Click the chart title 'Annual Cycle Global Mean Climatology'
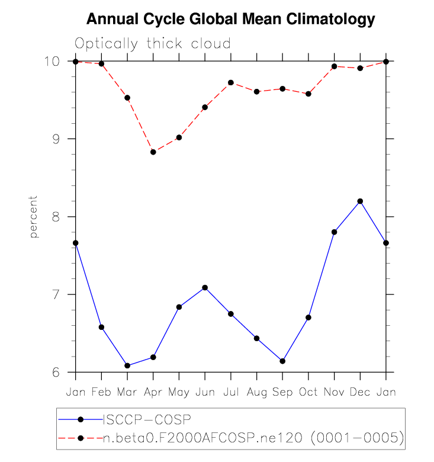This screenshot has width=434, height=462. tap(231, 20)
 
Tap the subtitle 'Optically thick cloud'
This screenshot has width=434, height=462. tap(152, 44)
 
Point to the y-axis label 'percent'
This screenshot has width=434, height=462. tap(34, 216)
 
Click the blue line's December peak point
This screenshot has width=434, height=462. tap(360, 201)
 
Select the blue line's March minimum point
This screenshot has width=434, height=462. tap(127, 365)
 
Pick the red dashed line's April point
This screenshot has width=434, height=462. tap(153, 152)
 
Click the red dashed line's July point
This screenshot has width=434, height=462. tap(231, 82)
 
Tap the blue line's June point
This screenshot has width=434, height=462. tap(205, 288)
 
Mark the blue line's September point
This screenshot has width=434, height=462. tap(282, 361)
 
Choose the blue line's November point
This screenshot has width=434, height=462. tap(335, 232)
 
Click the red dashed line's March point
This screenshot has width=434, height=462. tap(127, 98)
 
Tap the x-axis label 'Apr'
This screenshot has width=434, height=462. tap(153, 392)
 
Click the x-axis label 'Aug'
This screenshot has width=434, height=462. tap(256, 392)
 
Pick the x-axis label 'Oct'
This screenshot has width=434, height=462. tap(308, 392)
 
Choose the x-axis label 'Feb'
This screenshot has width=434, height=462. tap(101, 392)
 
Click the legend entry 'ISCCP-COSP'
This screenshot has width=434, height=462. tap(147, 420)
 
